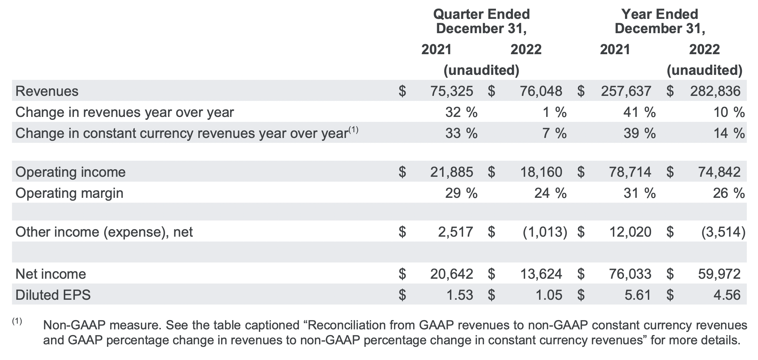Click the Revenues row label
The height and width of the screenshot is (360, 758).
(x=47, y=91)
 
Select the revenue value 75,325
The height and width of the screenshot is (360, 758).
(x=451, y=91)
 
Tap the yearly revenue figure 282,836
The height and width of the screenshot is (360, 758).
(x=715, y=91)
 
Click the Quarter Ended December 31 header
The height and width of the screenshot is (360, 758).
(x=481, y=21)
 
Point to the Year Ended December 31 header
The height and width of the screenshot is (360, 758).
(x=660, y=21)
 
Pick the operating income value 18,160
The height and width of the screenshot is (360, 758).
(x=541, y=172)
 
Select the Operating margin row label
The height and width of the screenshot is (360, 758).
(x=70, y=193)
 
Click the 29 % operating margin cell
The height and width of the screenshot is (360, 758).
(x=461, y=193)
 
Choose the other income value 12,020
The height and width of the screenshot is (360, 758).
(x=630, y=232)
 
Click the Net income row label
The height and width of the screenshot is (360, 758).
(x=51, y=274)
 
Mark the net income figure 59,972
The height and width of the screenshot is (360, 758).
(x=719, y=274)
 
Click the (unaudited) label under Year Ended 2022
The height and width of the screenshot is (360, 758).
(x=705, y=70)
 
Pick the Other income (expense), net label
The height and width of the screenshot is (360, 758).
(x=104, y=232)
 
